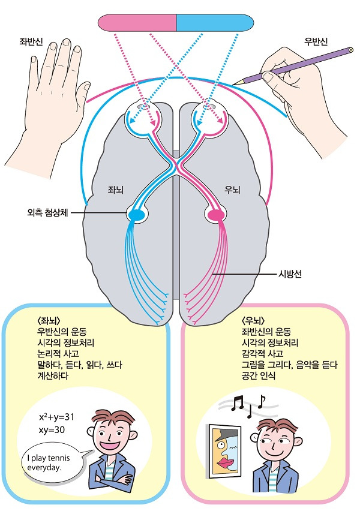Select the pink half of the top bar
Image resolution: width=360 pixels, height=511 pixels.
pyautogui.click(x=137, y=23)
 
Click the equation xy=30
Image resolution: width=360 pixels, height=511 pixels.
pyautogui.click(x=53, y=429)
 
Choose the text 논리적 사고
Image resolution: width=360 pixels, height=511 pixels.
pyautogui.click(x=61, y=354)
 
